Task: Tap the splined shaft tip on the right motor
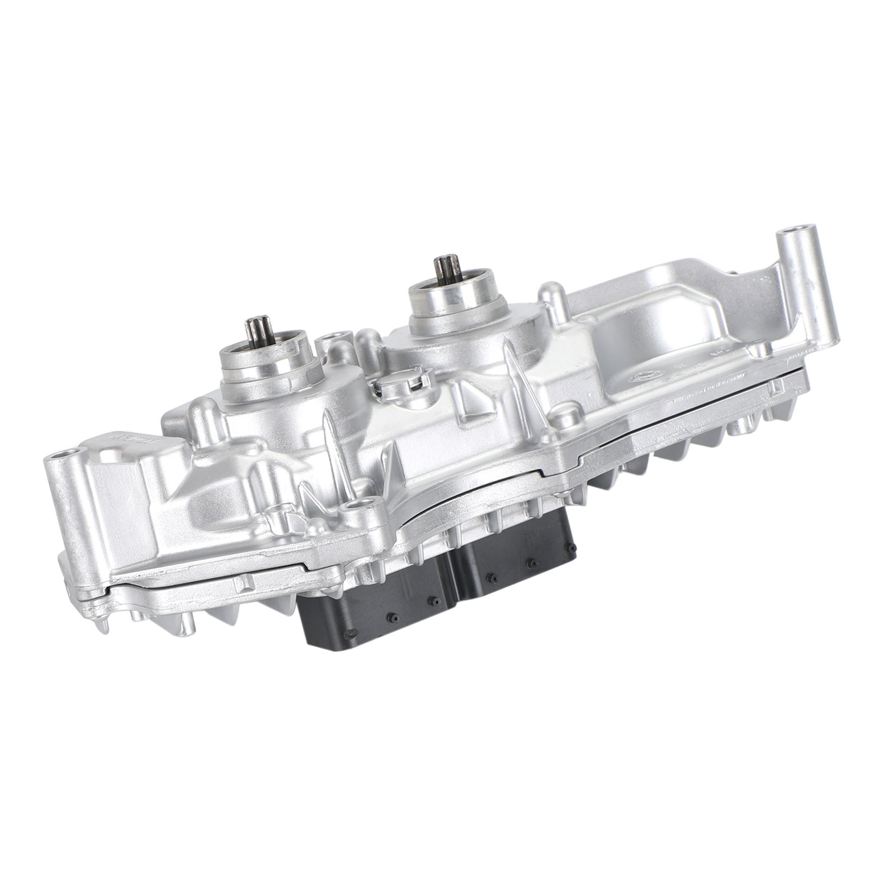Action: pyautogui.click(x=443, y=268)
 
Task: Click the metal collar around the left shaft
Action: pyautogui.click(x=267, y=359)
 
